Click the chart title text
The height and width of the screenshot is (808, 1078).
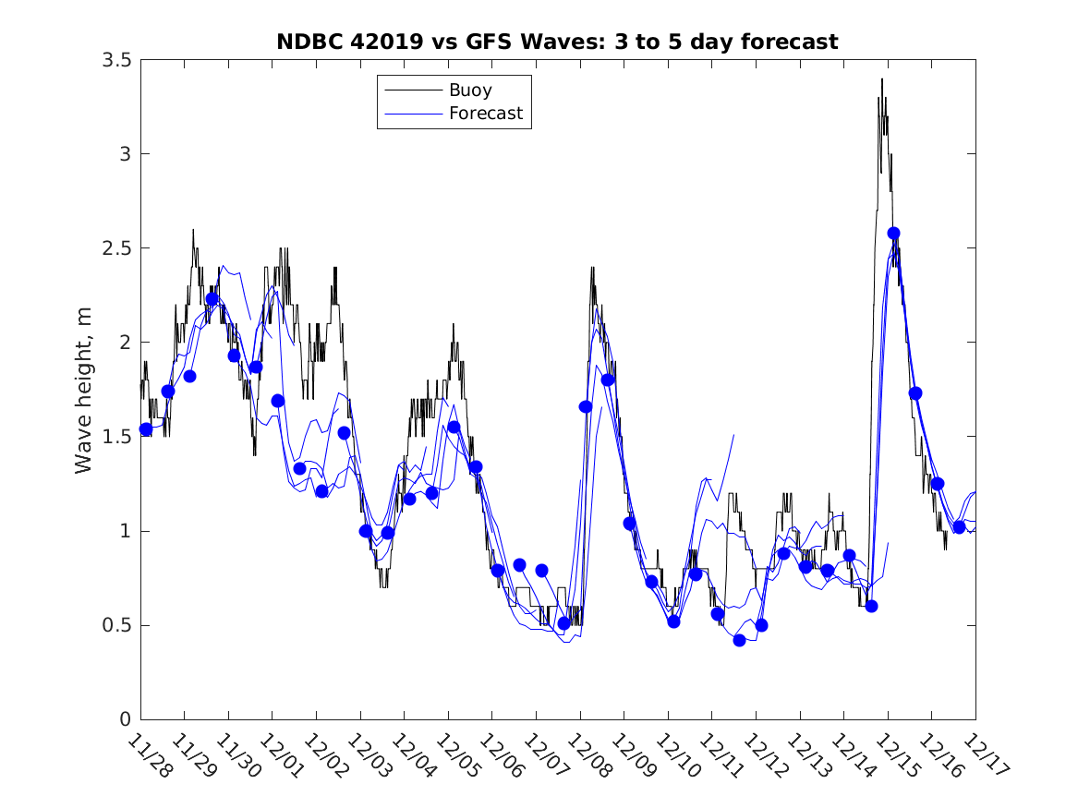coord(557,42)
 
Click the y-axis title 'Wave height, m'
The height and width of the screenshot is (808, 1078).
coord(84,390)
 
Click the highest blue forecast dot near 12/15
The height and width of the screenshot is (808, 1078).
coord(893,234)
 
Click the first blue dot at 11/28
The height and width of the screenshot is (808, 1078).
coord(146,429)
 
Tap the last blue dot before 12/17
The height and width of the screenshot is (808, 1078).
coord(959,527)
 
